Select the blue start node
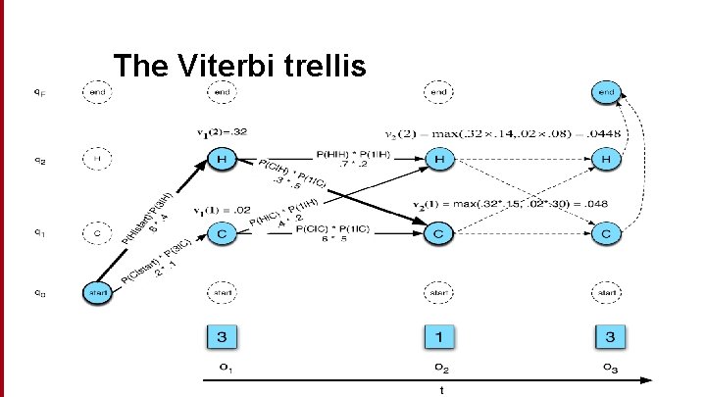click(x=96, y=292)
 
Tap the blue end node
click(x=606, y=92)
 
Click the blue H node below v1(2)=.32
click(x=223, y=159)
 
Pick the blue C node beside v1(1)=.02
click(x=223, y=235)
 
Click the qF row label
click(x=36, y=92)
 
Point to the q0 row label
click(x=36, y=292)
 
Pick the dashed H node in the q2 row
click(x=96, y=157)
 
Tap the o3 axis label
click(x=610, y=370)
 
